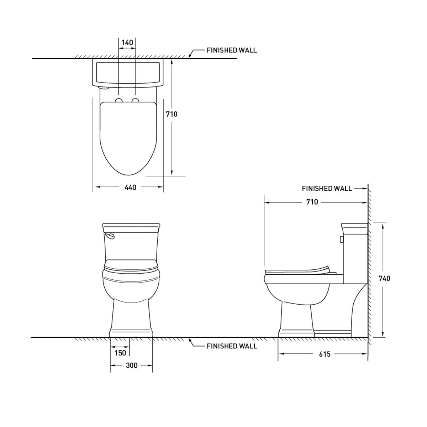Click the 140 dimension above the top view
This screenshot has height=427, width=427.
[127, 42]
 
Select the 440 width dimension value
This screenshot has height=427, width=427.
[130, 188]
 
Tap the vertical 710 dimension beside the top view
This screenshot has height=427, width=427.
[172, 114]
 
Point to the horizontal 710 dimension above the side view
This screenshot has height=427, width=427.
[312, 202]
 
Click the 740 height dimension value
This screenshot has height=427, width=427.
[384, 278]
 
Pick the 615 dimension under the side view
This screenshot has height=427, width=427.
[325, 354]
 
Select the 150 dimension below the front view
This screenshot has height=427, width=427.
[120, 353]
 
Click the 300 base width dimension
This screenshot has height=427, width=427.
[132, 365]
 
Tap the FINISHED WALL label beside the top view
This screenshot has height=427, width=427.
[232, 50]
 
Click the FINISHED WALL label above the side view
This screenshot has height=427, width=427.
[327, 188]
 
